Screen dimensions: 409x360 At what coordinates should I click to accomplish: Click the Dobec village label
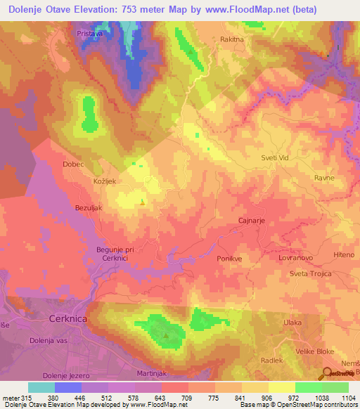(73, 164)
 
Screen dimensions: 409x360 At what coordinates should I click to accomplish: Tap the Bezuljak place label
(90, 209)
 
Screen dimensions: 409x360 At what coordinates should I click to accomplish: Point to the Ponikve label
(230, 258)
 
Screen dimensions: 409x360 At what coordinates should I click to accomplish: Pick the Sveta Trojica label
(309, 273)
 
